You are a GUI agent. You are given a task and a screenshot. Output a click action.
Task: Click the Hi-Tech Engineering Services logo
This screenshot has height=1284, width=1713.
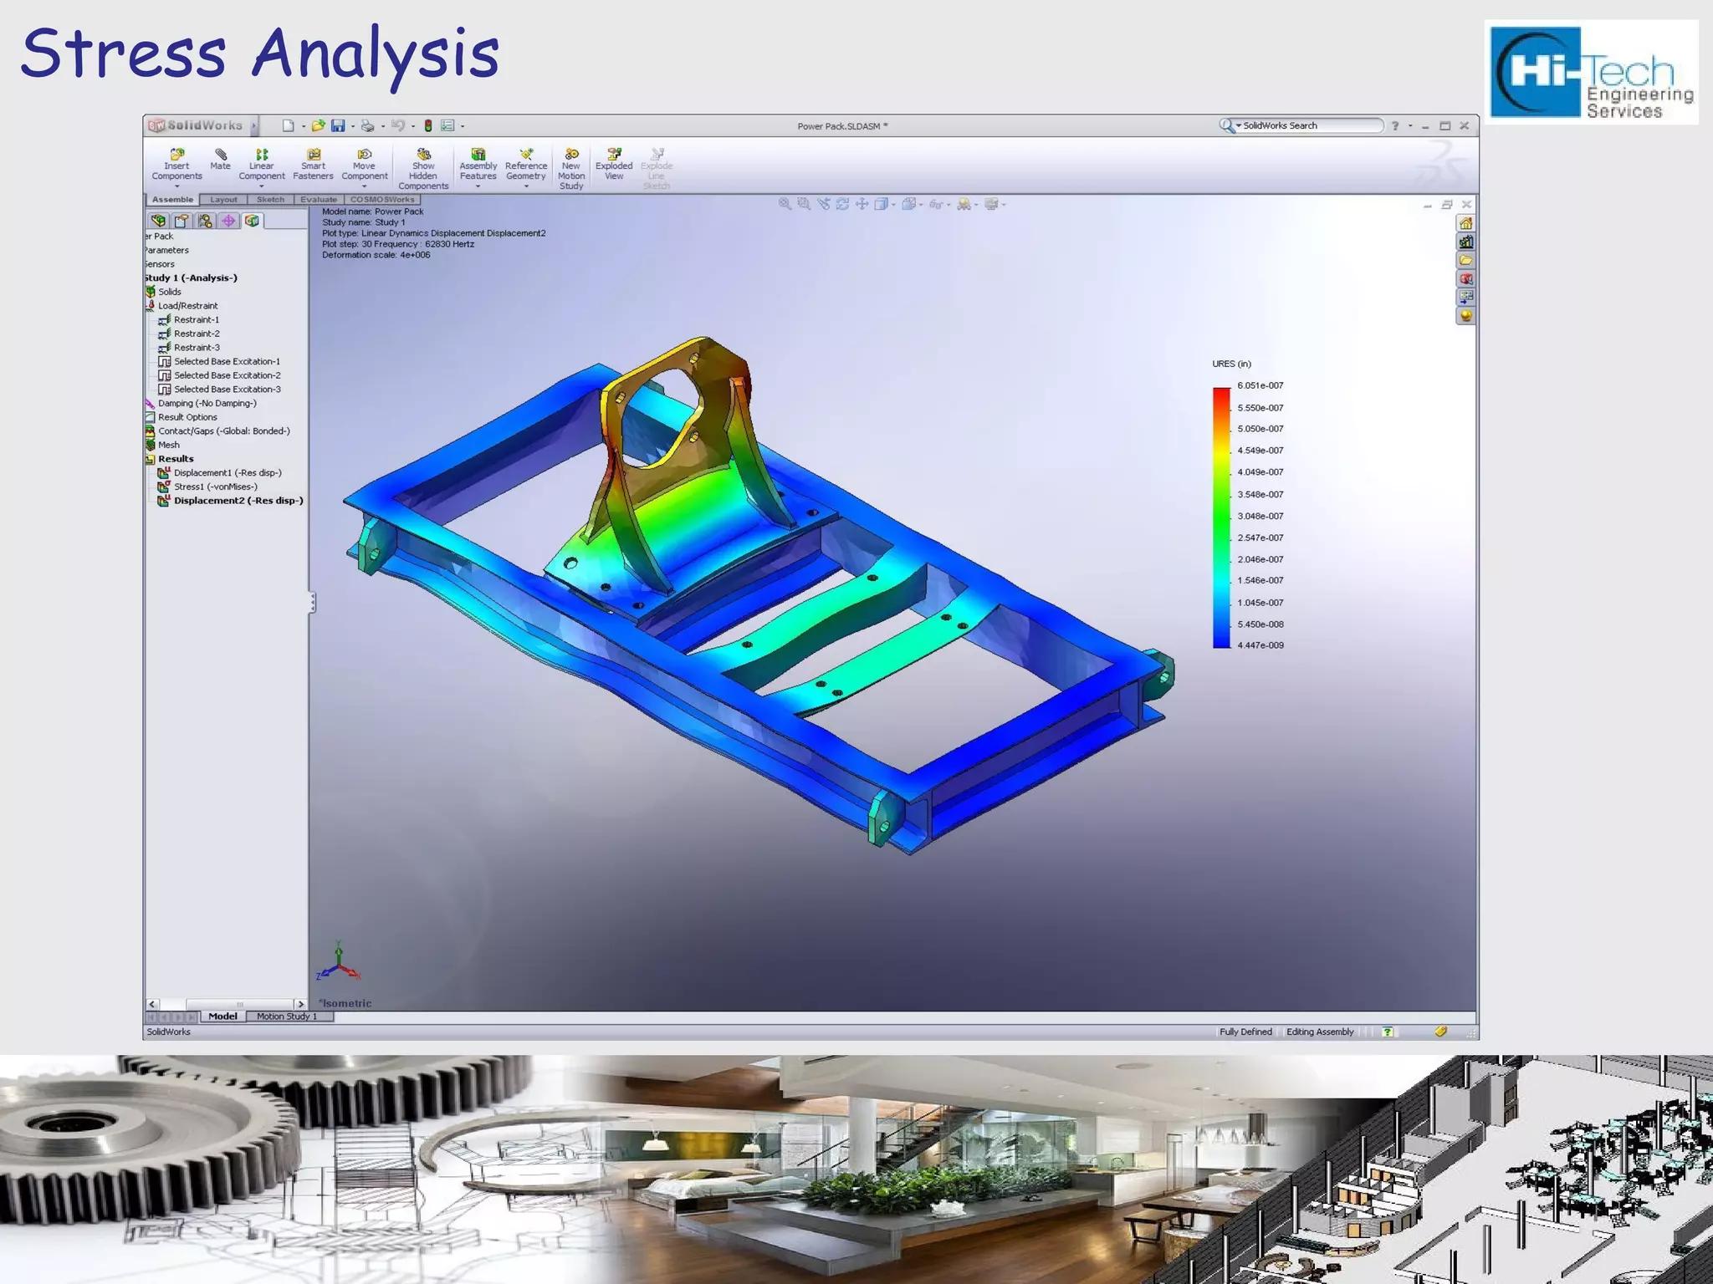click(1591, 74)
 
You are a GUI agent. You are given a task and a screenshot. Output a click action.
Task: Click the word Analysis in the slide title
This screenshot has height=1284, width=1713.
click(376, 53)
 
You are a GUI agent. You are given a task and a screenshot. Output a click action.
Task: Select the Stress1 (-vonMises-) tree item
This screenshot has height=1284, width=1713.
click(215, 487)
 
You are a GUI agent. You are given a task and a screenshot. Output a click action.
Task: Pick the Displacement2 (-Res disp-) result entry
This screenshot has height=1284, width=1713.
click(238, 501)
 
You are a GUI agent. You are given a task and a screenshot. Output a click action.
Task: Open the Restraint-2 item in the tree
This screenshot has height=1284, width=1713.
click(196, 334)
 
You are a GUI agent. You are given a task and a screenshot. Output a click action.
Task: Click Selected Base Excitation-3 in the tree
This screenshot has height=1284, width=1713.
click(227, 390)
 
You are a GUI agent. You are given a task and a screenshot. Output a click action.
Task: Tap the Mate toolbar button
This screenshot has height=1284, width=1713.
click(220, 160)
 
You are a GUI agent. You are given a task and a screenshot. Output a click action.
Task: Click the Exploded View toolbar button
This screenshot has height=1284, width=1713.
click(614, 164)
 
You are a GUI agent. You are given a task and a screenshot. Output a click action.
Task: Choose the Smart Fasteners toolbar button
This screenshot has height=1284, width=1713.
click(313, 164)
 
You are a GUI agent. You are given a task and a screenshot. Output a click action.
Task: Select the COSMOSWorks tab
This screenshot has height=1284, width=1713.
click(382, 200)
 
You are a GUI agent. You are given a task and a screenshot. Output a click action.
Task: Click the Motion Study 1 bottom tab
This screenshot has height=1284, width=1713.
click(286, 1016)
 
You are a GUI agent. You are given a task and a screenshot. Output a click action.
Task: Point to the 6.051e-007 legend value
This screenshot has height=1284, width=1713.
click(1260, 385)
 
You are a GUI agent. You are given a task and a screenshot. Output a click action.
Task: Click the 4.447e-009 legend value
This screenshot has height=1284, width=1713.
click(1260, 645)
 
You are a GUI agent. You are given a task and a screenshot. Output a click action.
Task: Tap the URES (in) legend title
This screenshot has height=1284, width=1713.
click(1231, 364)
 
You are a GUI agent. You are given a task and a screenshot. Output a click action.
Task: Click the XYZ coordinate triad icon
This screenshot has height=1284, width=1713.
click(338, 965)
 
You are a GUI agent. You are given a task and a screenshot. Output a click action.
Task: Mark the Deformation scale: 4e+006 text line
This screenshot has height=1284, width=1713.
click(376, 255)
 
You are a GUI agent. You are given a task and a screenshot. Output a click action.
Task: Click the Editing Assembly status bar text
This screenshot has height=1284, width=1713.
click(1319, 1032)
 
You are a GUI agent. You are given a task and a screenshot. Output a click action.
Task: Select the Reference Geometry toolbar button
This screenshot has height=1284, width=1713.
click(526, 164)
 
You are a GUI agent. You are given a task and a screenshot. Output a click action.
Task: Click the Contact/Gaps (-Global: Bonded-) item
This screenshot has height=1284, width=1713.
click(223, 431)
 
